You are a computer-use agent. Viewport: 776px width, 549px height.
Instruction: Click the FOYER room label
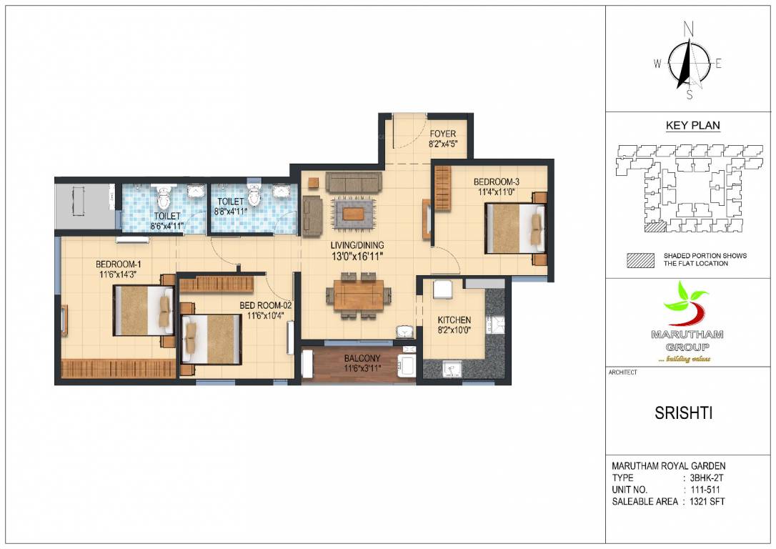[442, 134]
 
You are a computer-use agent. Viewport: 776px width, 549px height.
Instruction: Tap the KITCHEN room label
[454, 320]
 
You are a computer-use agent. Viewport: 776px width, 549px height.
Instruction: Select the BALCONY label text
[362, 357]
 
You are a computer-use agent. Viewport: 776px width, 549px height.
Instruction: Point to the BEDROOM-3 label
[496, 182]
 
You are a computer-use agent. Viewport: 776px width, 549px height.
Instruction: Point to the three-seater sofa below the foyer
[353, 182]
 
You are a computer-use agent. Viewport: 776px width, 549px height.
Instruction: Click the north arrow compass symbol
[688, 63]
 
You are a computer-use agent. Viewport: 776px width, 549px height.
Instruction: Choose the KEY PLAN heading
[692, 126]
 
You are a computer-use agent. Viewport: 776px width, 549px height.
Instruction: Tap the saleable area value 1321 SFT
[707, 502]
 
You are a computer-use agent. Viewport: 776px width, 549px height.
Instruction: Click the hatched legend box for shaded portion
[640, 260]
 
